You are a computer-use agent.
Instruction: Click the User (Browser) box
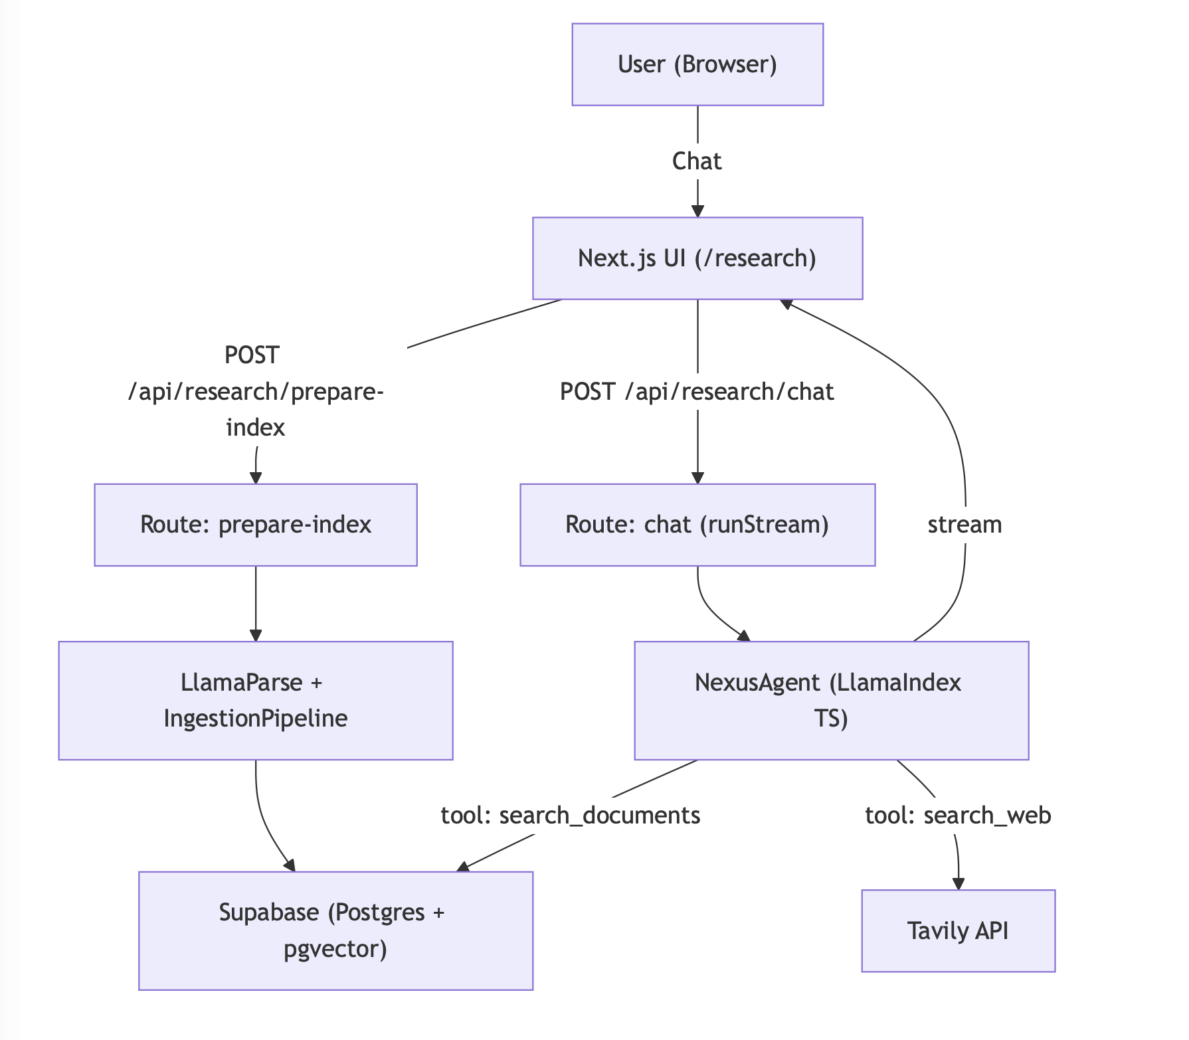pos(697,64)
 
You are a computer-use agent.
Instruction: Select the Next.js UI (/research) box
pos(697,258)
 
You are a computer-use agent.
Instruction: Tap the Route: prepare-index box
pos(256,525)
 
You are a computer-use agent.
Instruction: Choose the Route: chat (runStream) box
pos(697,525)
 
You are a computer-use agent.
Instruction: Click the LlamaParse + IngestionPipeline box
pos(256,701)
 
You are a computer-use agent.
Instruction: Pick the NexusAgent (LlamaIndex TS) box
pos(831,701)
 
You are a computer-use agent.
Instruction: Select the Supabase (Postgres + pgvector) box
pos(335,930)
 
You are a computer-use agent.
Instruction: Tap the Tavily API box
pos(958,930)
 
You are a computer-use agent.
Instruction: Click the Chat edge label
pos(697,161)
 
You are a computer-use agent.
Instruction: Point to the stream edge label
pos(964,525)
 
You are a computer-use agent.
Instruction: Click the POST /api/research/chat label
pos(697,392)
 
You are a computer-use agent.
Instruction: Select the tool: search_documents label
pos(571,815)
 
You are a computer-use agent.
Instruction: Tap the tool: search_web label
pos(958,815)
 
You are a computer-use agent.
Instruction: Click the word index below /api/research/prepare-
pos(256,427)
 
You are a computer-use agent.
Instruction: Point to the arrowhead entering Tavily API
pos(958,883)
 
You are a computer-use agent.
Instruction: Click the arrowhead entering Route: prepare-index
pos(256,477)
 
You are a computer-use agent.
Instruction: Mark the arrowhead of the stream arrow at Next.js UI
pos(787,304)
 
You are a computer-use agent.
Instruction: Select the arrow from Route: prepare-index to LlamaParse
pos(256,601)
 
